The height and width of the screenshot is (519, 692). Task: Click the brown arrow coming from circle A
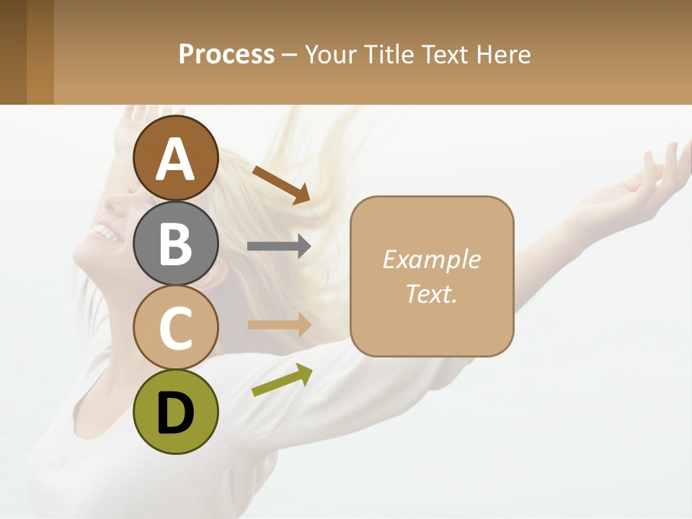[x=281, y=185]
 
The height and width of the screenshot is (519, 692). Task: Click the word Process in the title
[x=226, y=55]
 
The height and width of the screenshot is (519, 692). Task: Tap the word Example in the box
[x=431, y=259]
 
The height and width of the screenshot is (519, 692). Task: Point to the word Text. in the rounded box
[x=431, y=294]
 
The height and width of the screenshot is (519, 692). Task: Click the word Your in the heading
[x=330, y=55]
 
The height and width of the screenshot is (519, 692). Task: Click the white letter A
[x=176, y=159]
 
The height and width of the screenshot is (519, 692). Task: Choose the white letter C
[x=176, y=328]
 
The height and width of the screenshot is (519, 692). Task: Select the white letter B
[x=176, y=244]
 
